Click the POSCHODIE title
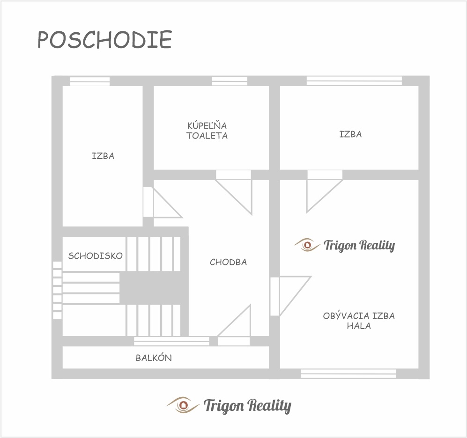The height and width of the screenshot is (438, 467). (104, 39)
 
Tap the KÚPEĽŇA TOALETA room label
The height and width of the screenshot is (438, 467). (207, 131)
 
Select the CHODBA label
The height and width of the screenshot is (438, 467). (229, 262)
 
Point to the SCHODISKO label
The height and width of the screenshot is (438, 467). (95, 256)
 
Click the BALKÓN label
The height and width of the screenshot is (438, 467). (154, 358)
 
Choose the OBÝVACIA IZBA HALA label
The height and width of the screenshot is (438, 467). (359, 321)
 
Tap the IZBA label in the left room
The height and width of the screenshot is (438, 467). (103, 156)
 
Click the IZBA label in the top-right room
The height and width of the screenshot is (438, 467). (350, 134)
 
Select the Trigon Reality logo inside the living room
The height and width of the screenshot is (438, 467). (345, 245)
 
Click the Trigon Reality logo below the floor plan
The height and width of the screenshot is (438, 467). (229, 405)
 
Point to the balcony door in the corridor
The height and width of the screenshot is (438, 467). (234, 325)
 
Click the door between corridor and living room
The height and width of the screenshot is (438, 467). (290, 296)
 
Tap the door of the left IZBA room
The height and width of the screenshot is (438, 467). (163, 202)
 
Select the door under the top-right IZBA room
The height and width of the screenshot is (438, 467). (324, 191)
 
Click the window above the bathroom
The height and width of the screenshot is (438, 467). (230, 81)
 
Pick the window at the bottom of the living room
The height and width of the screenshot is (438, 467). (348, 374)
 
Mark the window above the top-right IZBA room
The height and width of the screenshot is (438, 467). (354, 81)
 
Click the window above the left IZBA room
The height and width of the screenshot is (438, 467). (90, 81)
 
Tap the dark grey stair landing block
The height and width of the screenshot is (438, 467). (154, 288)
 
